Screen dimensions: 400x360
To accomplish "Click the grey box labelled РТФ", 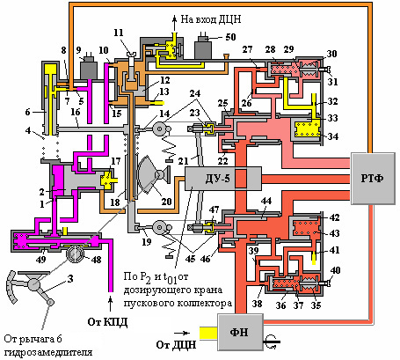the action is tap(373, 179).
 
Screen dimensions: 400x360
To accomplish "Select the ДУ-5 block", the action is tap(223, 179).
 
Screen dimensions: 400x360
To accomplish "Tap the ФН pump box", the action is tap(240, 332).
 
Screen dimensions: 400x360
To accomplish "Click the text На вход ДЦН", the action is tap(211, 19).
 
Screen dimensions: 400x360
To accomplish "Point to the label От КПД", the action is tap(107, 322).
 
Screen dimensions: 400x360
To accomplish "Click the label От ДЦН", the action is tap(176, 344).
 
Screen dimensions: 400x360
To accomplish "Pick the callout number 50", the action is tap(230, 37).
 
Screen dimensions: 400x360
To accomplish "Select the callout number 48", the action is tap(96, 259).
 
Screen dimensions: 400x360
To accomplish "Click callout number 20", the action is tap(166, 202).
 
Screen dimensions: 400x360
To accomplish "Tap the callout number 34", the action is tap(333, 136).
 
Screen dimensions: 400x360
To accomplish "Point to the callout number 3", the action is tap(70, 278).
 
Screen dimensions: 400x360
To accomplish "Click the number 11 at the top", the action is tap(119, 33).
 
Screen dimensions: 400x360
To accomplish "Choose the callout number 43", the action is tap(334, 233).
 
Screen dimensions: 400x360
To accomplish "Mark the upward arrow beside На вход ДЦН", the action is tap(174, 23).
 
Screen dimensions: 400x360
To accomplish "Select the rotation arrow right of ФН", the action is tap(273, 342).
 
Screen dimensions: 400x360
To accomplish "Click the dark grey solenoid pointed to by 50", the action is tap(203, 48).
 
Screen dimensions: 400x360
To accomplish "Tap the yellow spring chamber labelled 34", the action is tap(308, 129).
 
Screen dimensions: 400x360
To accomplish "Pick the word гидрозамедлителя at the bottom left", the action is tap(48, 352).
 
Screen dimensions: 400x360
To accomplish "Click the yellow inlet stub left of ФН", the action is tap(208, 334).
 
